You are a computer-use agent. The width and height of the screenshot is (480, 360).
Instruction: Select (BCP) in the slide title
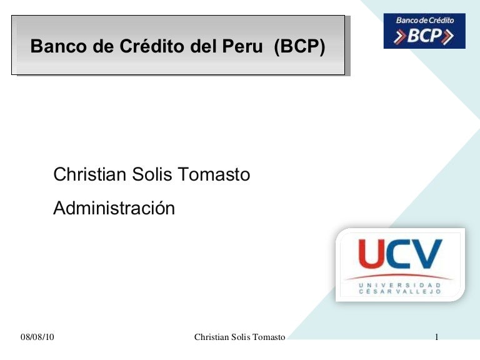tap(299, 47)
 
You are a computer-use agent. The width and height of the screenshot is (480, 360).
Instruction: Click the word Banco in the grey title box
tap(56, 47)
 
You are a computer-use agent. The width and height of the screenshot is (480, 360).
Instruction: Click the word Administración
tap(114, 208)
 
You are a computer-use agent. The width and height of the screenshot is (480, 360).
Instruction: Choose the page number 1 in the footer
tap(437, 337)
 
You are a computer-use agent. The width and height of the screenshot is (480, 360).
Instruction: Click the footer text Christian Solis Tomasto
tap(239, 337)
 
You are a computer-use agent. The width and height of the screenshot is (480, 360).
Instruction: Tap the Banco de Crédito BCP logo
tap(424, 31)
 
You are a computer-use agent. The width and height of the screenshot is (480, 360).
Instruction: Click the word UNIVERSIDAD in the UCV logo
tap(400, 285)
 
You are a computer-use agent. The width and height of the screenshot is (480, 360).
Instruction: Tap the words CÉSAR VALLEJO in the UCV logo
tap(400, 292)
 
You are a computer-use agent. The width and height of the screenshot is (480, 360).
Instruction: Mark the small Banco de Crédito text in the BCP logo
tap(425, 21)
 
